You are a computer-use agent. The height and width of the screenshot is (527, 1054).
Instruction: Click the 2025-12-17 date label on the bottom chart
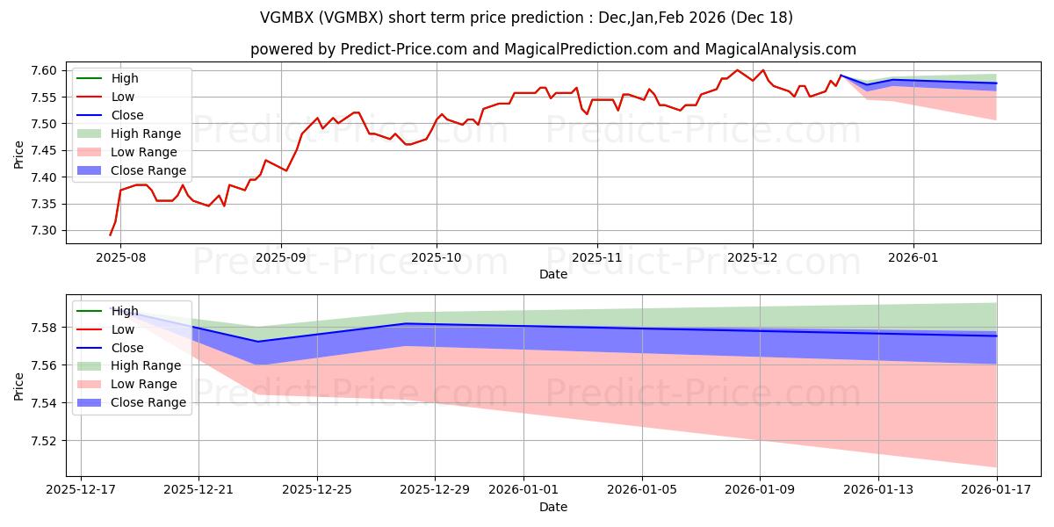pyautogui.click(x=81, y=488)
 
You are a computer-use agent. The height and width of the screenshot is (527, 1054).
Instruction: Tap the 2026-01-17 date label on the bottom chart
pyautogui.click(x=996, y=488)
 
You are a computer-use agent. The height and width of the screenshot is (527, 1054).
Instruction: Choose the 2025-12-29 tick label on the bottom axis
pyautogui.click(x=436, y=488)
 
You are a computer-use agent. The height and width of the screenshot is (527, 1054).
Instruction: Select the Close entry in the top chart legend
pyautogui.click(x=127, y=115)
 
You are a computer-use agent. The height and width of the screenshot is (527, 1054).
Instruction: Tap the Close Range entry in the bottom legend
pyautogui.click(x=148, y=402)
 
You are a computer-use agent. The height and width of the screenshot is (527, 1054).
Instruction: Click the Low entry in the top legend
pyautogui.click(x=124, y=97)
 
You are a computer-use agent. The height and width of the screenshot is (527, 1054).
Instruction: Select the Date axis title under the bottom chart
pyautogui.click(x=553, y=507)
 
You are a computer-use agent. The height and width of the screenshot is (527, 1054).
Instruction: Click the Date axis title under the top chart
pyautogui.click(x=553, y=274)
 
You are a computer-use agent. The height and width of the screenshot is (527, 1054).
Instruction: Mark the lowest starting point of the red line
pyautogui.click(x=111, y=235)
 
